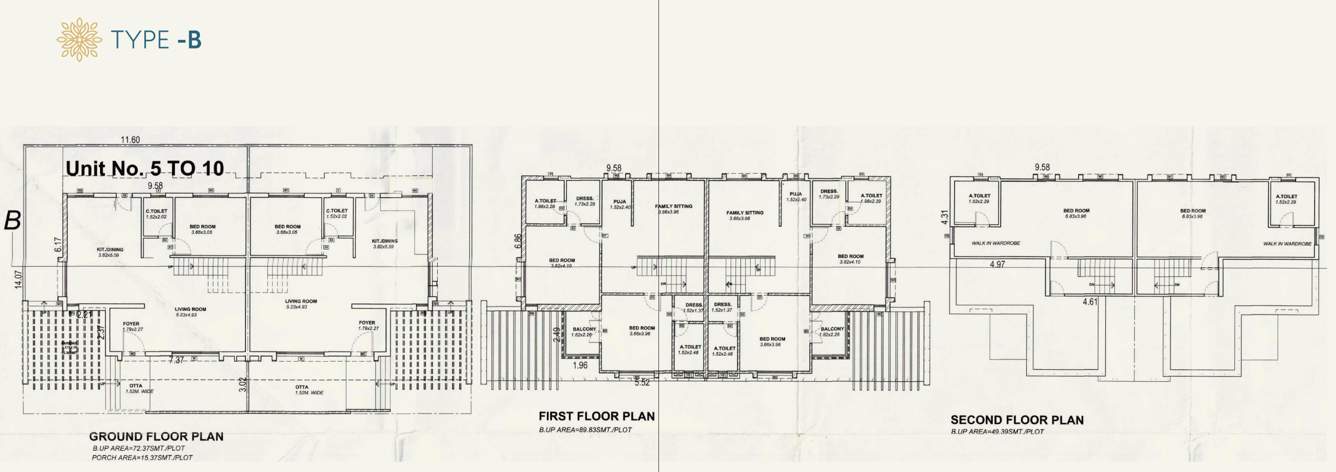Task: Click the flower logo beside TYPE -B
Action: pos(79,39)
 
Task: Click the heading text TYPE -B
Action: pos(157,39)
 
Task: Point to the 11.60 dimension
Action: pos(126,140)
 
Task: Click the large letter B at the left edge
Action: pos(13,221)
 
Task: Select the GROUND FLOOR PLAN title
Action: pos(156,436)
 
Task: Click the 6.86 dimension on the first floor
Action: pos(515,242)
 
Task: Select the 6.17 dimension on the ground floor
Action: pos(57,243)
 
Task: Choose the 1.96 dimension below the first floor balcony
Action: pos(580,366)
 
